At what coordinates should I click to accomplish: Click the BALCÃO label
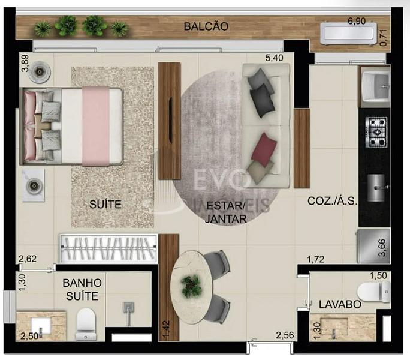(206, 26)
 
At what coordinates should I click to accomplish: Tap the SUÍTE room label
(105, 204)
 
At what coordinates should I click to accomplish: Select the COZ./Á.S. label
(332, 201)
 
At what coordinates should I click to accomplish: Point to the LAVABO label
(340, 304)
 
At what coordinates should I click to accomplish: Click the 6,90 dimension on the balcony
(357, 21)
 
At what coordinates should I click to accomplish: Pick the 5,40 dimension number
(274, 58)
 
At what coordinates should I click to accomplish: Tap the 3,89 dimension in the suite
(25, 63)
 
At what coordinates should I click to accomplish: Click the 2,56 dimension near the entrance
(285, 335)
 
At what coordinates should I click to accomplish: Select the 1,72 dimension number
(316, 259)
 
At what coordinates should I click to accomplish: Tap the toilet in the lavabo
(374, 292)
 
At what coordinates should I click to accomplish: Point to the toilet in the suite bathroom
(85, 324)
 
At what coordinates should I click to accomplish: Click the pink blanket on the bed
(96, 126)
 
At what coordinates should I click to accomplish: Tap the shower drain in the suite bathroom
(129, 308)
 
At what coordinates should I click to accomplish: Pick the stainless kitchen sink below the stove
(376, 188)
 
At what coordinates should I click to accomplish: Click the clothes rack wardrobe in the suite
(108, 248)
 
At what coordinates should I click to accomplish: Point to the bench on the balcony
(348, 34)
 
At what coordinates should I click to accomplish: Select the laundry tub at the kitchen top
(376, 86)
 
